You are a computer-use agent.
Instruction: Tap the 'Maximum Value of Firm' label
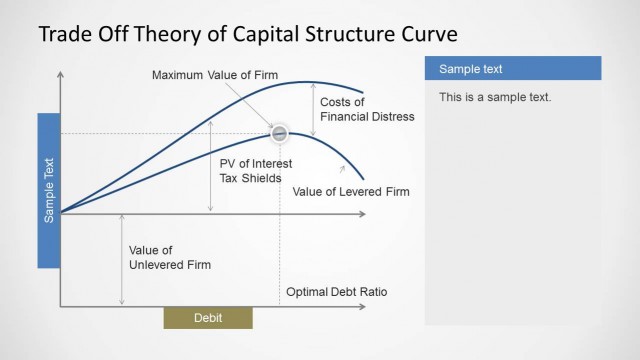(x=215, y=75)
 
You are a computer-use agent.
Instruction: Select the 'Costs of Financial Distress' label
(x=366, y=109)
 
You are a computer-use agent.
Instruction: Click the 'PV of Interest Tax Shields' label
(x=257, y=170)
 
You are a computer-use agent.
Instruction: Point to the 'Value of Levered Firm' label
(x=351, y=190)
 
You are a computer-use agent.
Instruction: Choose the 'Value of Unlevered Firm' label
(x=170, y=257)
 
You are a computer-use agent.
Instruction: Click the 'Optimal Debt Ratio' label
(x=336, y=292)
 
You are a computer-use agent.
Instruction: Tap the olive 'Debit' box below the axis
(x=208, y=318)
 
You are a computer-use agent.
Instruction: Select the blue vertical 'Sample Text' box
(x=50, y=190)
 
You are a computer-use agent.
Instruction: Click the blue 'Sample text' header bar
(x=513, y=68)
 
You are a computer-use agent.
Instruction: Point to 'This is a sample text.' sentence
(x=495, y=98)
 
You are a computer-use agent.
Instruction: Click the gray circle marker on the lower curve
(x=280, y=134)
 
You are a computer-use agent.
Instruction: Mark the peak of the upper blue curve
(x=310, y=82)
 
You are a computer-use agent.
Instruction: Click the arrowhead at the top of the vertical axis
(x=61, y=74)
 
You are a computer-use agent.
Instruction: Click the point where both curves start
(x=62, y=212)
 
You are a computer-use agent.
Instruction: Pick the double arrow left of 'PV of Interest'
(x=210, y=172)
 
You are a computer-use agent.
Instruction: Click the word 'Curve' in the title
(x=428, y=34)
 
